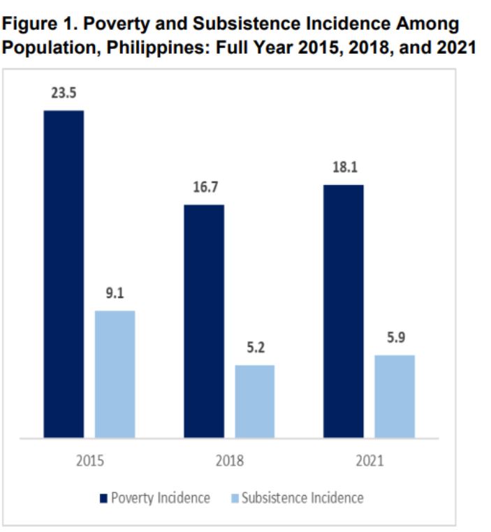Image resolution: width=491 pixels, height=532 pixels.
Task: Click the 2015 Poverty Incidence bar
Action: coord(64,274)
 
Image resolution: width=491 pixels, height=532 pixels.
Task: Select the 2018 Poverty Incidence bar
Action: coord(204,321)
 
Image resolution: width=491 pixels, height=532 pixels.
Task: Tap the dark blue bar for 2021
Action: coord(344,311)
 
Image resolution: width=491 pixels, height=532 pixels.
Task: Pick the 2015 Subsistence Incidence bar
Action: coord(115,374)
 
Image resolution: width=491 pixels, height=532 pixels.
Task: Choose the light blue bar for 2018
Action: coord(255,401)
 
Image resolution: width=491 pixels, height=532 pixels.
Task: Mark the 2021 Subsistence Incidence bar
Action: coord(395,397)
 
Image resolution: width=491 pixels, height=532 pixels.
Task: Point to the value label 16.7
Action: coord(204,189)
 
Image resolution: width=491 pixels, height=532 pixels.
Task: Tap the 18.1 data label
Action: coord(344,168)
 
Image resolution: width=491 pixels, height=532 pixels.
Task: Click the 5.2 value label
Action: coord(255,348)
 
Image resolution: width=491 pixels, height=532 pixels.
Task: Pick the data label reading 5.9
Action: coord(395,338)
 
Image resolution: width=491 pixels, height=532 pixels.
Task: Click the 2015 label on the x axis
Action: coord(89,461)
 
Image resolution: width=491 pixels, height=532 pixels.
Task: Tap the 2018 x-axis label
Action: coord(229,461)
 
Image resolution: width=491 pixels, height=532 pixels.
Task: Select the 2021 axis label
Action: coord(369,461)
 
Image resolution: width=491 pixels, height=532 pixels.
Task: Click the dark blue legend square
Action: coord(105,498)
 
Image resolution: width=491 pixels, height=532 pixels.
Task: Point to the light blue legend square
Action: coord(235,498)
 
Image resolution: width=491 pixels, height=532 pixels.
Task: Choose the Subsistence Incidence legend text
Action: coord(302,498)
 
